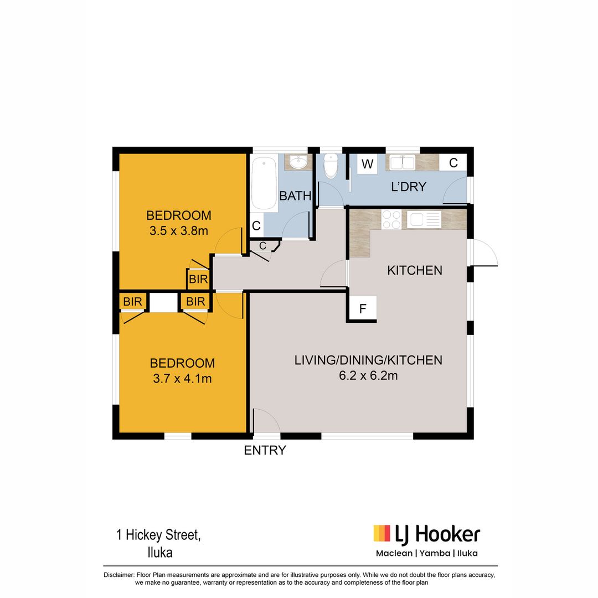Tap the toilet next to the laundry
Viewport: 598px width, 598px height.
click(331, 165)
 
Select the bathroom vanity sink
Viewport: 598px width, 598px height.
click(298, 162)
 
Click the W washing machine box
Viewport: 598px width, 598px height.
click(367, 164)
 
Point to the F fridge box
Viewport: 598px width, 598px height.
click(363, 309)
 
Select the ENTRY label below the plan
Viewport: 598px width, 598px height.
click(265, 451)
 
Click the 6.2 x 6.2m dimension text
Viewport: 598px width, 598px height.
click(368, 376)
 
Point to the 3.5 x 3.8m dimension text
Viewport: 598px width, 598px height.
click(178, 231)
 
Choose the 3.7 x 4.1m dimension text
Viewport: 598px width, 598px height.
click(182, 379)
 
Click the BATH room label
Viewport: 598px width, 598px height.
click(295, 195)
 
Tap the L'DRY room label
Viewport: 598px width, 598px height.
click(409, 187)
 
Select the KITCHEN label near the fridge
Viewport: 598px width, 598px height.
click(414, 271)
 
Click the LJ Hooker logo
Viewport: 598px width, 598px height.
click(426, 534)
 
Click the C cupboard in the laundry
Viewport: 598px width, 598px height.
click(453, 163)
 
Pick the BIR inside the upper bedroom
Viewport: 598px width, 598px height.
click(198, 279)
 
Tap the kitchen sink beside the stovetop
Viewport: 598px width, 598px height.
click(424, 220)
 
